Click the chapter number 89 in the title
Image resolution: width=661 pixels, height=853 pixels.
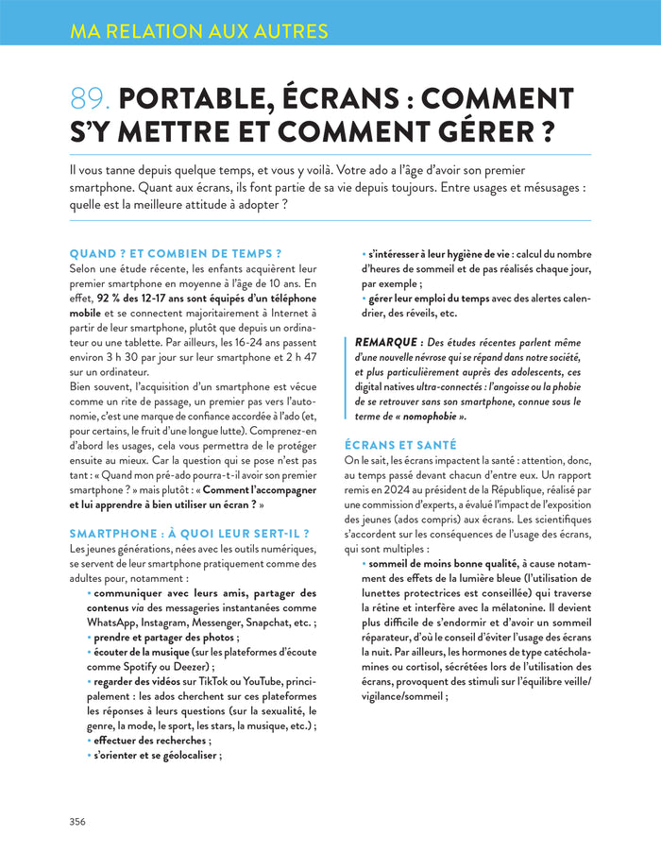pyautogui.click(x=91, y=99)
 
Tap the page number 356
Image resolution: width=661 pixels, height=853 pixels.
pyautogui.click(x=77, y=821)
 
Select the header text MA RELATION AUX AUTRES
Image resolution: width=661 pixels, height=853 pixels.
pyautogui.click(x=199, y=31)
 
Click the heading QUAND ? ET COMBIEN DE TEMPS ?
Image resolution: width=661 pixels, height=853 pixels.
pyautogui.click(x=177, y=253)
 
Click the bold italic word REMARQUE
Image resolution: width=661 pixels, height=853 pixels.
pyautogui.click(x=388, y=341)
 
